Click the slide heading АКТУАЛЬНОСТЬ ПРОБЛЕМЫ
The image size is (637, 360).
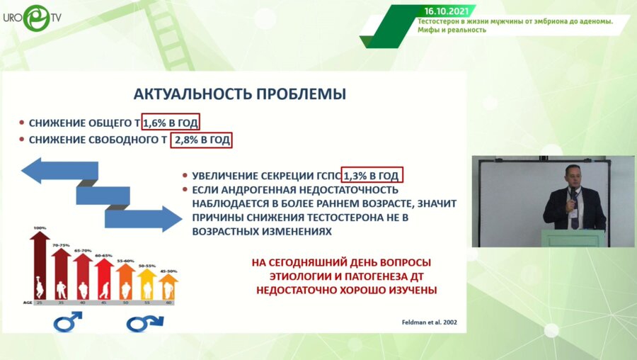point(240,94)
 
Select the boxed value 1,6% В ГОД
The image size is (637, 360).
point(171,122)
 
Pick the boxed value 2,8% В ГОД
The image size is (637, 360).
point(202,140)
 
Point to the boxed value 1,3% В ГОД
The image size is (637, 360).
point(373,174)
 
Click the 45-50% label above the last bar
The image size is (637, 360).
point(168,271)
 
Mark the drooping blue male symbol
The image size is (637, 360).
point(144,323)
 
